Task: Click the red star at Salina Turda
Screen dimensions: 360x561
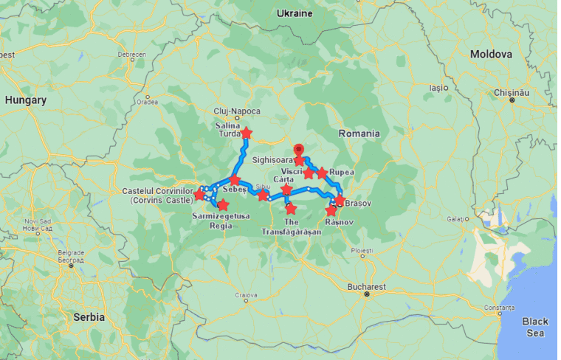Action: point(247,134)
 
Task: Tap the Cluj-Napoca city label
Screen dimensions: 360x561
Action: point(236,111)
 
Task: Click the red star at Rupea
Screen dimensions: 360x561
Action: point(322,173)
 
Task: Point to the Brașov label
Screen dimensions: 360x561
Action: point(358,202)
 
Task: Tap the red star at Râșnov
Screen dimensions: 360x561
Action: point(331,211)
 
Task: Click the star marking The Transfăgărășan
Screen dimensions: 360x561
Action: point(291,209)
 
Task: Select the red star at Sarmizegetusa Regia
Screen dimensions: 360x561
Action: point(223,204)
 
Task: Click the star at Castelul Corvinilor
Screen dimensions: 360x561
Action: point(199,195)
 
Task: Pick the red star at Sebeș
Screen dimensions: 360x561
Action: point(235,180)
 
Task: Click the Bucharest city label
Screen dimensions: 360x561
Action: point(367,286)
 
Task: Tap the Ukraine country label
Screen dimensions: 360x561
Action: point(294,13)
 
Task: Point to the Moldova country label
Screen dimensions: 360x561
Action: point(491,55)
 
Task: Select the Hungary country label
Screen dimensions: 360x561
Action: point(25,100)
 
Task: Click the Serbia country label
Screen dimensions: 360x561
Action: point(89,317)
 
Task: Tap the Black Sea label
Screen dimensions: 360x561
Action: point(534,327)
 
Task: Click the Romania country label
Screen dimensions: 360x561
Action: point(359,134)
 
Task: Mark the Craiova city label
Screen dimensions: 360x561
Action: point(247,294)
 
